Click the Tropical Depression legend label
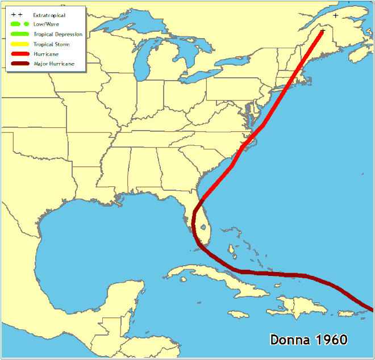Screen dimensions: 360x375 tap(58, 35)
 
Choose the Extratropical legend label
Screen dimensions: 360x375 tap(49, 15)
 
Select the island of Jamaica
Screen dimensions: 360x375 tap(239, 314)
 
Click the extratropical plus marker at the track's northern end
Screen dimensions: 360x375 tap(322, 31)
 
